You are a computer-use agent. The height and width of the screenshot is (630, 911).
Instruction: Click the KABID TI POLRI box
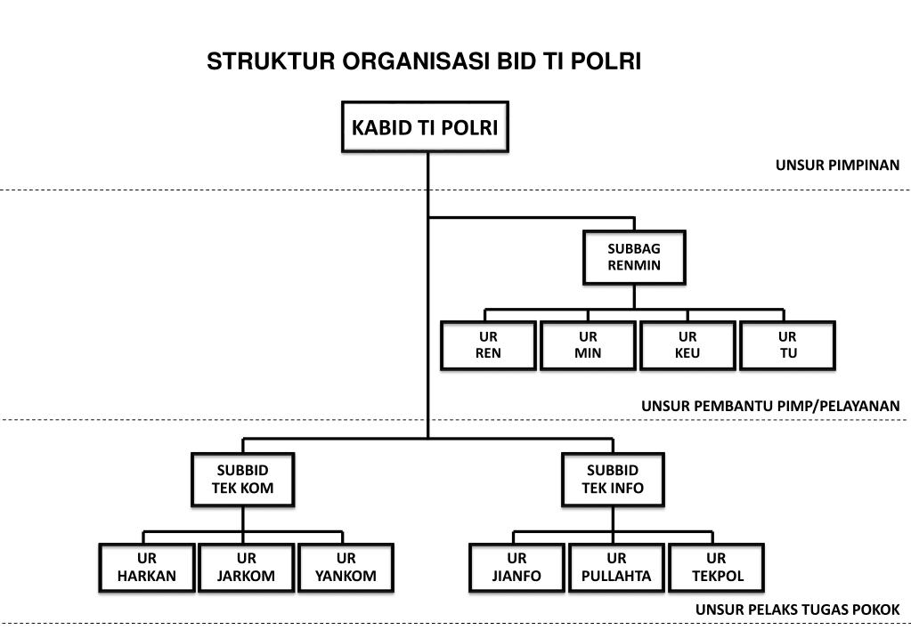(425, 127)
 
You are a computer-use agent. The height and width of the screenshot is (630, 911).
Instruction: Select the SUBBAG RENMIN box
(634, 257)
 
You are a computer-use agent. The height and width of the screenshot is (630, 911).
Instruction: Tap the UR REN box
(488, 345)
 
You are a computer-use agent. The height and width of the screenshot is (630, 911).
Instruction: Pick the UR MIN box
(588, 345)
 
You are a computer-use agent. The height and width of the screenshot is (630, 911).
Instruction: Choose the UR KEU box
(687, 345)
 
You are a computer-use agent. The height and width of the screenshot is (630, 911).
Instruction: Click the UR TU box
(787, 345)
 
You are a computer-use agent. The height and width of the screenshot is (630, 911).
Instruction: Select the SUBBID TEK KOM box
(242, 479)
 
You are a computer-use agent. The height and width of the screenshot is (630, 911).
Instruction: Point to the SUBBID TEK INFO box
(613, 479)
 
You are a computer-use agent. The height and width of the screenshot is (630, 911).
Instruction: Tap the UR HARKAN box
(147, 567)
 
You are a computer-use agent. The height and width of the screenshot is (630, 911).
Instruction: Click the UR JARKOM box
(247, 567)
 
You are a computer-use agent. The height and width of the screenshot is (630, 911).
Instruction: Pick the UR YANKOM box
(346, 567)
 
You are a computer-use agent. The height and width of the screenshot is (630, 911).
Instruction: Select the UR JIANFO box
(517, 567)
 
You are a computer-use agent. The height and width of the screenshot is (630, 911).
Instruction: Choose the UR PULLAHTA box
(616, 567)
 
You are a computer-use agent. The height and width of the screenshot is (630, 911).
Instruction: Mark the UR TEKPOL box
(716, 567)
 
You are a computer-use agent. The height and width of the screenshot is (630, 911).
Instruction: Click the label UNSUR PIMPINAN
(837, 165)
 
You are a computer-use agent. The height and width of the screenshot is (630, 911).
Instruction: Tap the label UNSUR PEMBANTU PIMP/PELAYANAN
(770, 406)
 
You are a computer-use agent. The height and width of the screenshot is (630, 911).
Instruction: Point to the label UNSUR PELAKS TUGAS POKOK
(797, 610)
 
